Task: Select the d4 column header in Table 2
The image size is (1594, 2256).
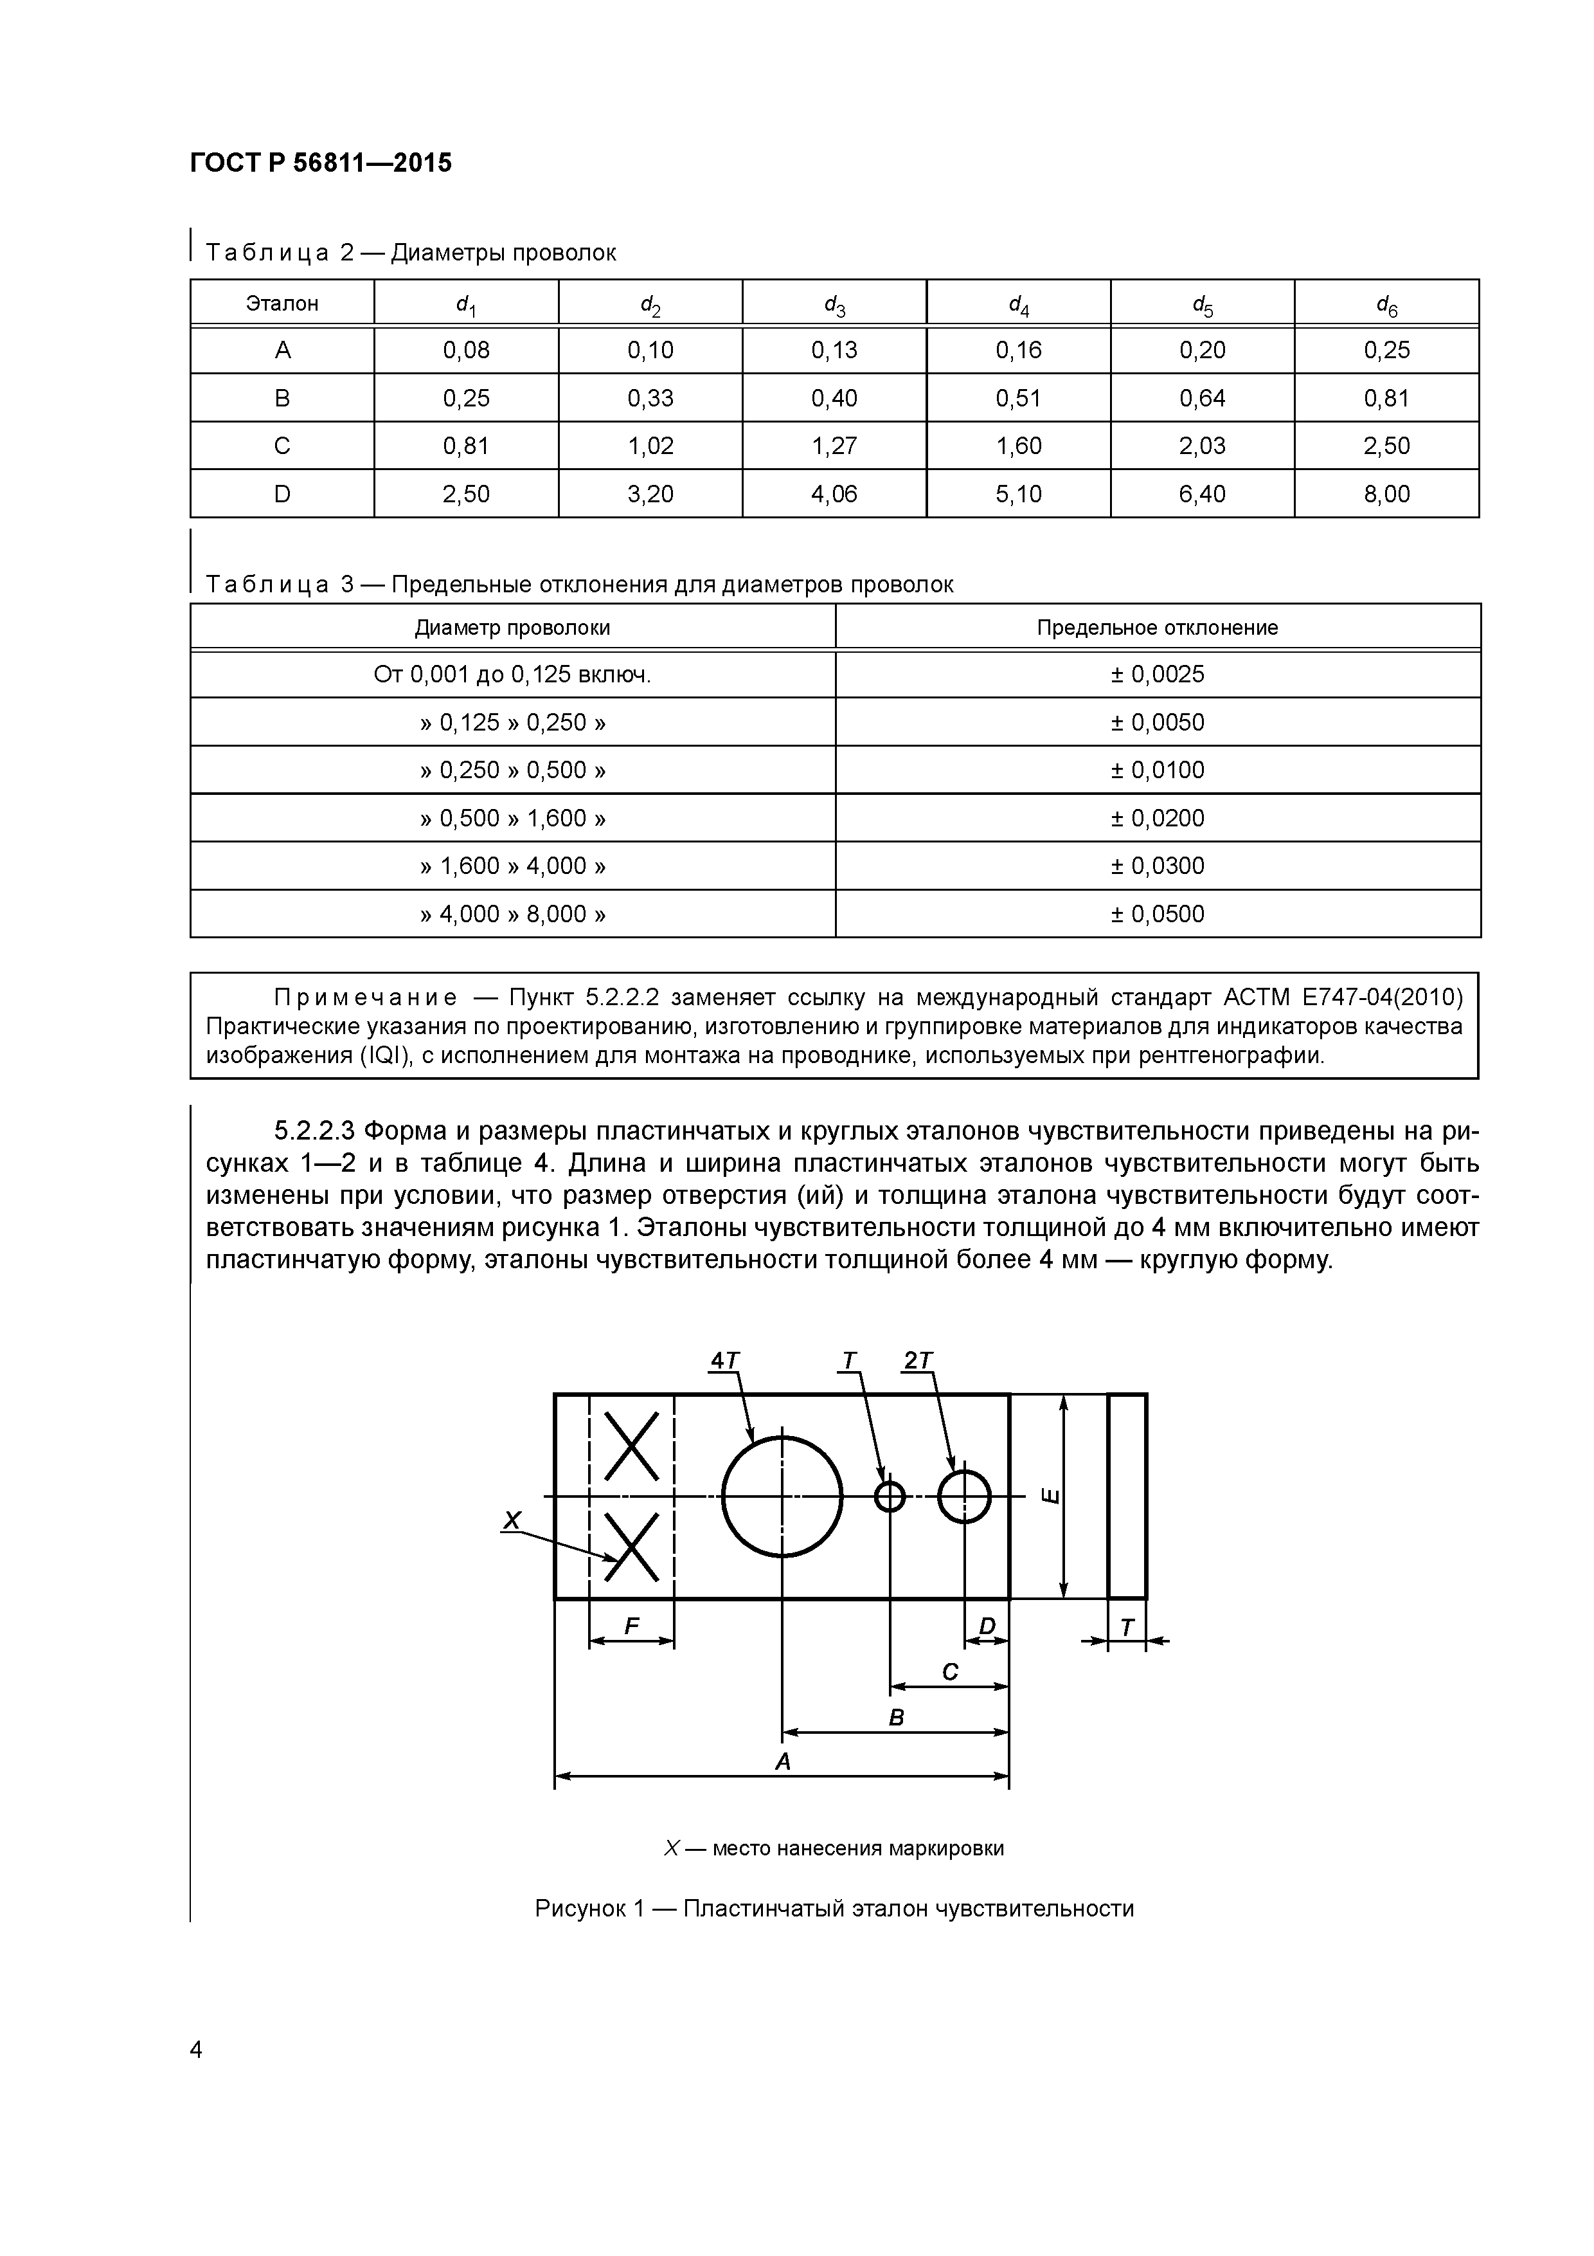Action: pyautogui.click(x=1019, y=305)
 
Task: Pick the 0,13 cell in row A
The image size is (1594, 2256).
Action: pyautogui.click(x=834, y=350)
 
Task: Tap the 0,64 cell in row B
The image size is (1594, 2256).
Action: pyautogui.click(x=1202, y=398)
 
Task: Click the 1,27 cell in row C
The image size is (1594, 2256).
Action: pyautogui.click(x=834, y=446)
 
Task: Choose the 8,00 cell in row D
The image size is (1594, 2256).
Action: pyautogui.click(x=1386, y=493)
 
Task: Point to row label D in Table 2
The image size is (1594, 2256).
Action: pyautogui.click(x=282, y=493)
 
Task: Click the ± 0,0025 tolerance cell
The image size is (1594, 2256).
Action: pyautogui.click(x=1157, y=674)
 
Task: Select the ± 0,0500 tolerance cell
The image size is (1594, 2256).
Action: pyautogui.click(x=1157, y=914)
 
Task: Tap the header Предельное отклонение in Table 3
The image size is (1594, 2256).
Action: pyautogui.click(x=1157, y=627)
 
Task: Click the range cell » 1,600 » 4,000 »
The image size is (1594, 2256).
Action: pyautogui.click(x=513, y=866)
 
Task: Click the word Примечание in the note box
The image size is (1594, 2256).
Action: pyautogui.click(x=365, y=998)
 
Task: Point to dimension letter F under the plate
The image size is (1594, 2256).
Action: pyautogui.click(x=632, y=1627)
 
